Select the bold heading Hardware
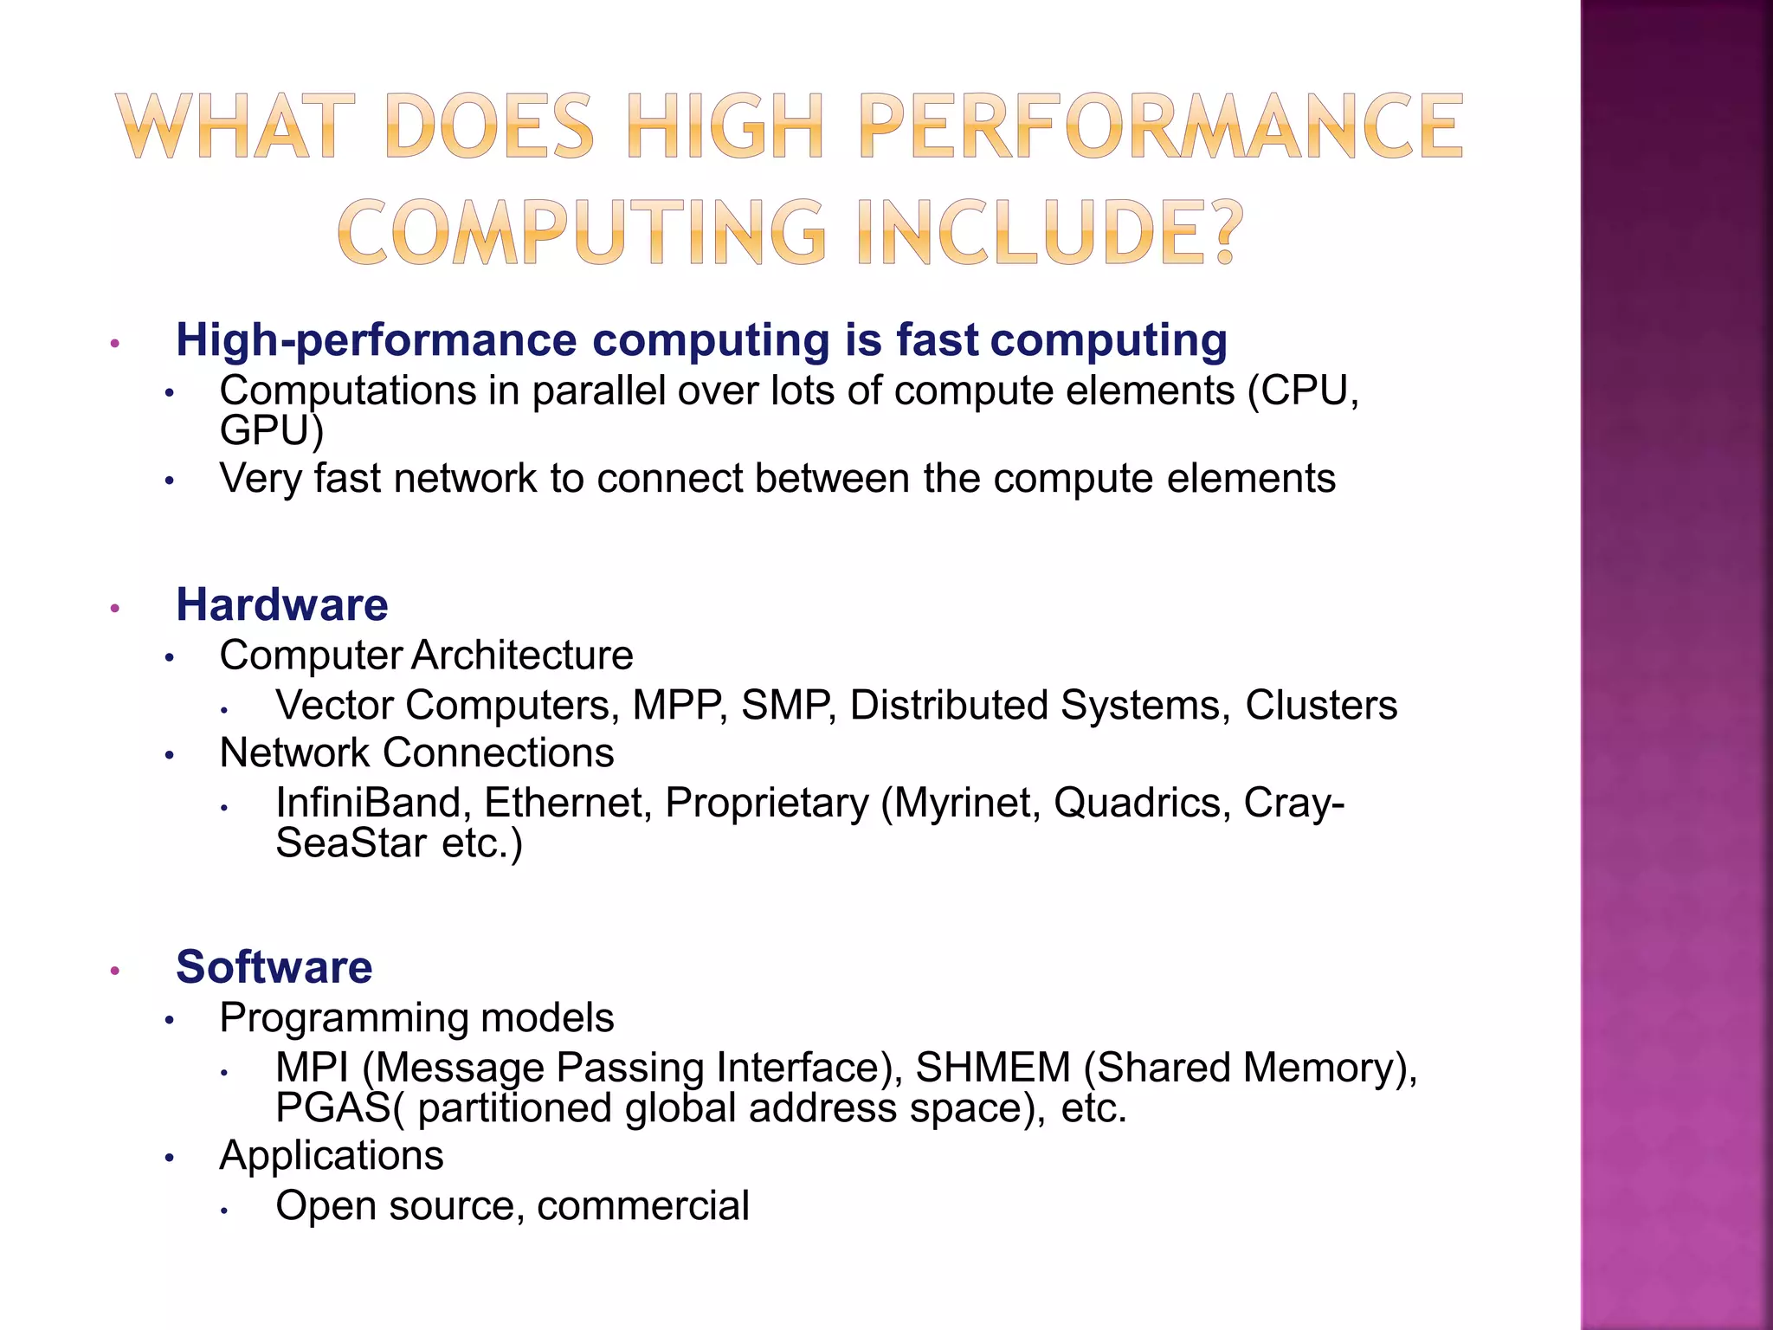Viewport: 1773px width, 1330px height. [282, 604]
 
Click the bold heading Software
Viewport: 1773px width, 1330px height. [274, 967]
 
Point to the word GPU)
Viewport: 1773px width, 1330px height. [272, 430]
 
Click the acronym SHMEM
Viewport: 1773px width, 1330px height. [993, 1068]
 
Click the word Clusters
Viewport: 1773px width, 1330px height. [1321, 706]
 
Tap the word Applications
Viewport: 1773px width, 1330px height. [332, 1156]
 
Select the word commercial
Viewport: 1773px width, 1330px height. [643, 1206]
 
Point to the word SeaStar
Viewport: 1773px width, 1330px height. [351, 843]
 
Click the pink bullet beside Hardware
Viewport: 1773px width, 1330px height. [114, 608]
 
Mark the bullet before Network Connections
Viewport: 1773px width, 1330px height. [170, 756]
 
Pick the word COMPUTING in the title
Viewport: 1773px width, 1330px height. [581, 232]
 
